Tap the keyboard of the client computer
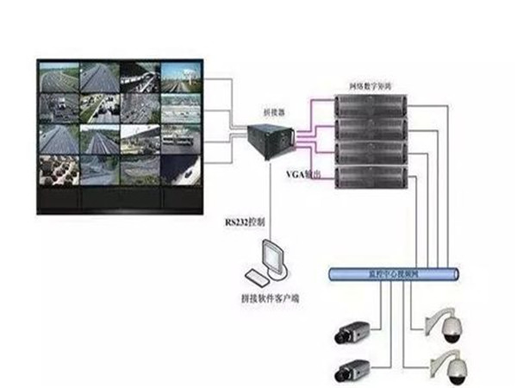[x=258, y=278]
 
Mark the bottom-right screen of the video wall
[x=182, y=169]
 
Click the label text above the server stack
[x=371, y=87]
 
